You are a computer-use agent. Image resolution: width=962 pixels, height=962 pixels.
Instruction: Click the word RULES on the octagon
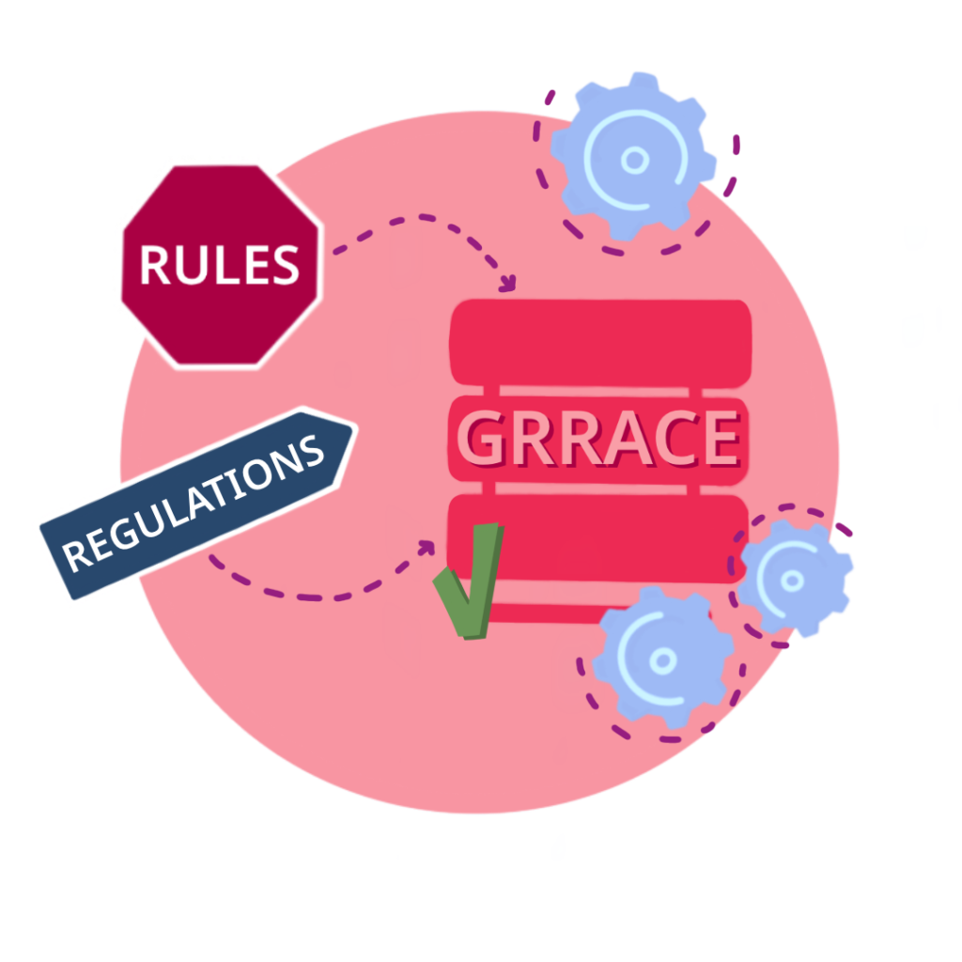click(220, 265)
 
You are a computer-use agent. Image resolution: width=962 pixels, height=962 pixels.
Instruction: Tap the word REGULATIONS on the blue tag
click(193, 504)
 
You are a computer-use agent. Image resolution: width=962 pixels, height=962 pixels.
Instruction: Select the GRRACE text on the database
click(598, 439)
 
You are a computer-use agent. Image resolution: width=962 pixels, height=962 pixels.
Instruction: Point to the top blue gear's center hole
click(635, 160)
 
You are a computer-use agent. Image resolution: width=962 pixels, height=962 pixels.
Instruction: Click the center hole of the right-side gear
click(792, 580)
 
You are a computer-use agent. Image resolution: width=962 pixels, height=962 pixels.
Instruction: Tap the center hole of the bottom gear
click(662, 660)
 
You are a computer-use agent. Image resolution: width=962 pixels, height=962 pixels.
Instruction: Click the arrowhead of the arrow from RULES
click(508, 284)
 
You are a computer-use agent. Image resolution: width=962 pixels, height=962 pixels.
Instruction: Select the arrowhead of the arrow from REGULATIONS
click(427, 548)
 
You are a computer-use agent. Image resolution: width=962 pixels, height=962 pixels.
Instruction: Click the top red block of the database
click(600, 343)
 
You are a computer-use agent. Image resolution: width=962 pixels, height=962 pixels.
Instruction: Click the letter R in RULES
click(155, 265)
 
